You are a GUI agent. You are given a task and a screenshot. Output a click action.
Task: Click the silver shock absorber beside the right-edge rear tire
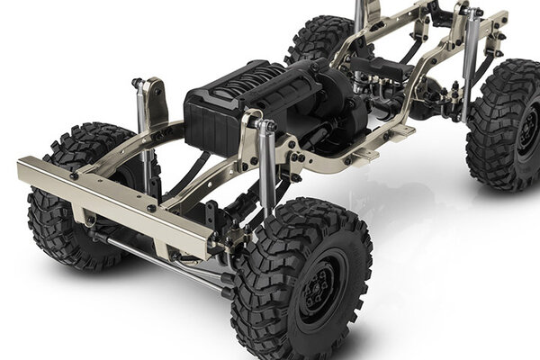pyautogui.click(x=470, y=63)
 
